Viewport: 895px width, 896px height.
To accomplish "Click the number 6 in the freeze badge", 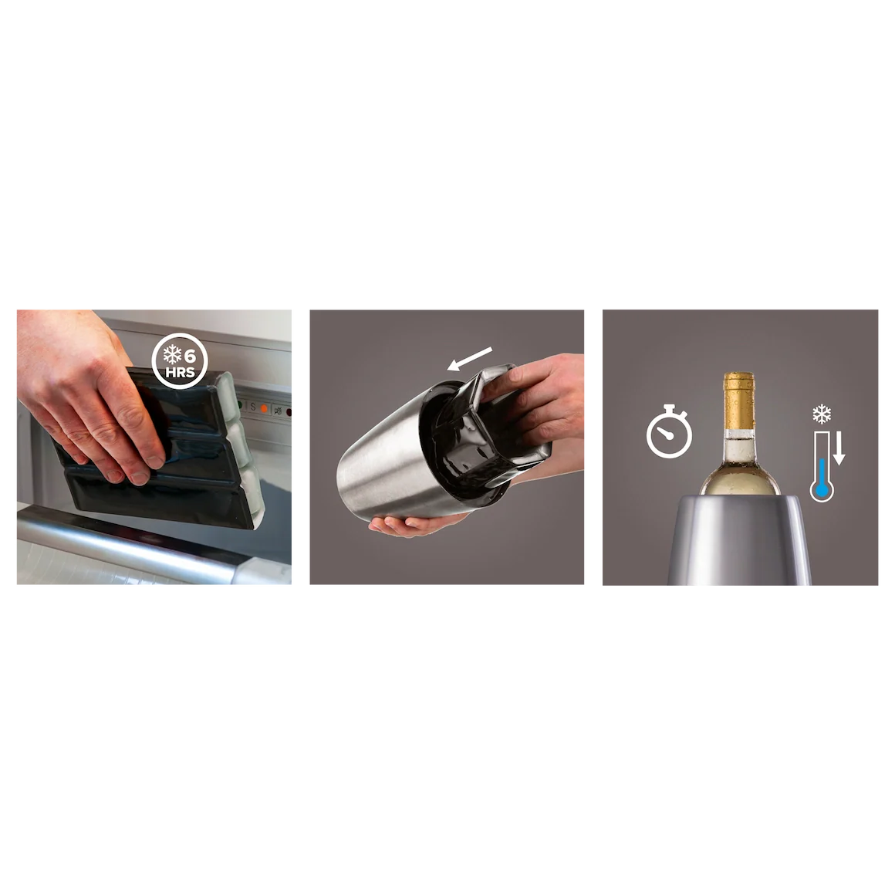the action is pos(190,356).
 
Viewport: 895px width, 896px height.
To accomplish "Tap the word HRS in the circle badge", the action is pos(180,373).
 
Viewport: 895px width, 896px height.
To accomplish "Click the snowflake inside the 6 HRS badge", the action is pos(173,355).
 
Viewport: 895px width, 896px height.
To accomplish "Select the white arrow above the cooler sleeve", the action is pos(470,359).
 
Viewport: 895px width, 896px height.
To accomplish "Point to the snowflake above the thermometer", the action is pos(822,414).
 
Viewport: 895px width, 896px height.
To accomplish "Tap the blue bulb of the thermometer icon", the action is pos(822,490).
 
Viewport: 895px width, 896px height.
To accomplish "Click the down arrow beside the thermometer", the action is pos(839,448).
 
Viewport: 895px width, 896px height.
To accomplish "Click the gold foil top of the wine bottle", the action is pos(739,401).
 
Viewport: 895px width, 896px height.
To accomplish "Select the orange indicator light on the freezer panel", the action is pos(264,408).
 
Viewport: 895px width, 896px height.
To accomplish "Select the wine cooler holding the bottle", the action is pos(740,540).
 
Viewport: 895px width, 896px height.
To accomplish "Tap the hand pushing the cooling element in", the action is pos(540,400).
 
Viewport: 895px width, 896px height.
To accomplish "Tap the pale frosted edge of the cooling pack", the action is pos(243,446).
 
